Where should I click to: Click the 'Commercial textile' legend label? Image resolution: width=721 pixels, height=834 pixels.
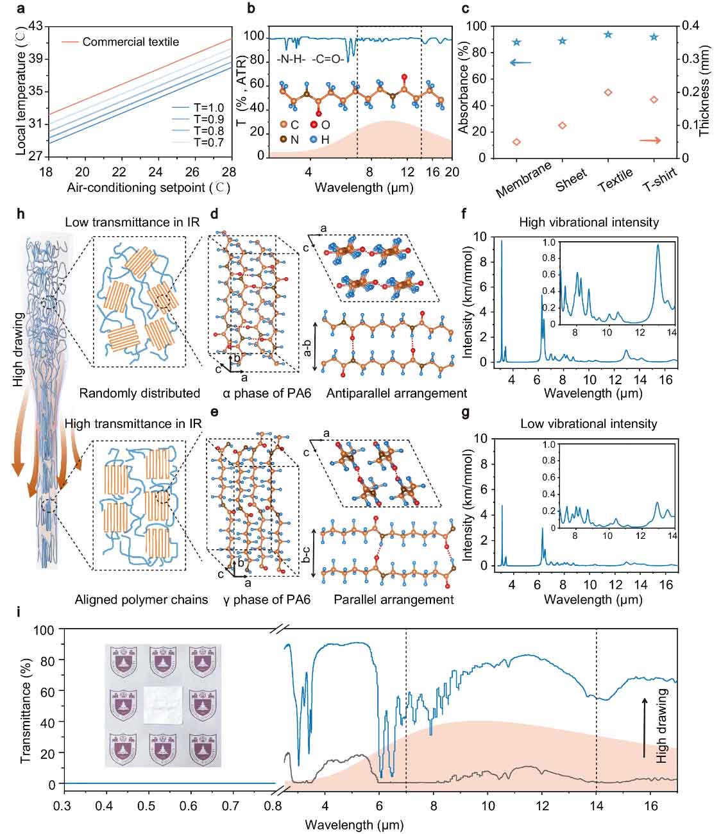click(x=131, y=42)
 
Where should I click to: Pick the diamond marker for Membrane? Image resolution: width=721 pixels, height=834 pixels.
click(x=516, y=142)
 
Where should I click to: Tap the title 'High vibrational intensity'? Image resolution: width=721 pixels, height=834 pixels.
click(x=589, y=223)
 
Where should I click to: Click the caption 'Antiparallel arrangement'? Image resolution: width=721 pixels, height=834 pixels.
click(x=396, y=393)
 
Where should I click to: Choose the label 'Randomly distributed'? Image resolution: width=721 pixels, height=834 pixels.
click(x=140, y=393)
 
